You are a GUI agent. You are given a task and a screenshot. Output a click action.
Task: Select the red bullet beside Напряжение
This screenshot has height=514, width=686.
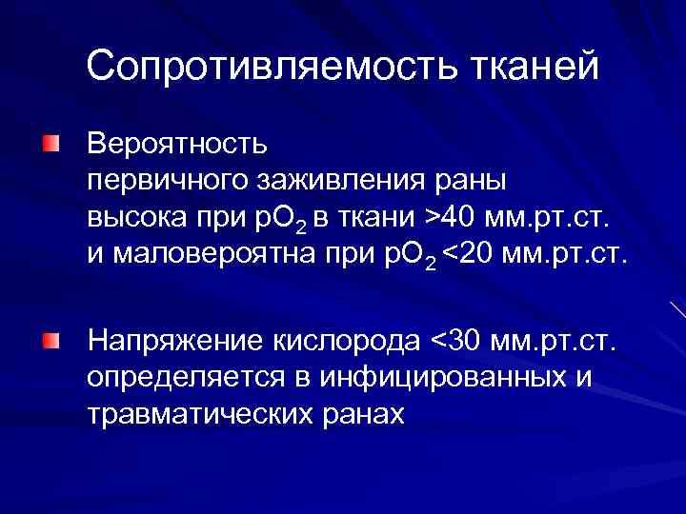[50, 340]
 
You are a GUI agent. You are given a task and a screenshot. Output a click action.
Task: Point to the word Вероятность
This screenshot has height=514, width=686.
[177, 145]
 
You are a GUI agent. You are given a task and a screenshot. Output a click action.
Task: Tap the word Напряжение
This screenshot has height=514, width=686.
[175, 340]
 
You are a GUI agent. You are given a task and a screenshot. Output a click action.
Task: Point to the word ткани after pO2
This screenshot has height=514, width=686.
[379, 218]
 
